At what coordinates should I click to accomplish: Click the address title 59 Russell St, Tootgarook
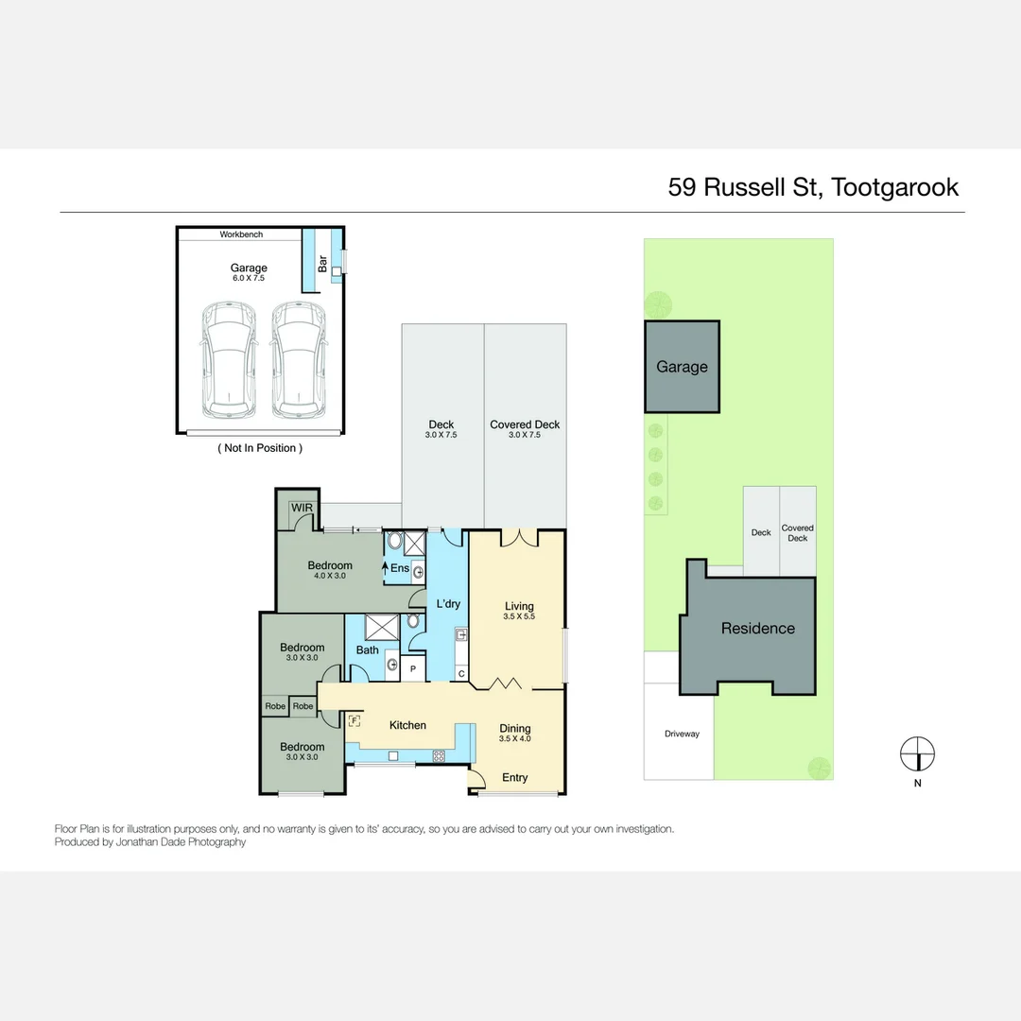813,186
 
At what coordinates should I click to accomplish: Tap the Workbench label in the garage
241,234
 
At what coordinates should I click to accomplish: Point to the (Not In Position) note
260,448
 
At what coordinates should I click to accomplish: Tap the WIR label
302,508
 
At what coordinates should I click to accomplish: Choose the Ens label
400,568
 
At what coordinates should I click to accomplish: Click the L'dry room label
447,602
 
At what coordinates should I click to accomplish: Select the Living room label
519,606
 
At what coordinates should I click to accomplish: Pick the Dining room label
515,729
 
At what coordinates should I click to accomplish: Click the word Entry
515,777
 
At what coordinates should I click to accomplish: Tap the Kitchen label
408,725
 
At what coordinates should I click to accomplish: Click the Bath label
368,649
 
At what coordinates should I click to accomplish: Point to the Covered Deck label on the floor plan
525,424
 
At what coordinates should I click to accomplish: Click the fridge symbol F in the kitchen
355,720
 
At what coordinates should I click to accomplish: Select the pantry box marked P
412,667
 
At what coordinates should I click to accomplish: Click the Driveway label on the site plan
682,734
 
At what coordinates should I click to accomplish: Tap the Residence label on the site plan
758,628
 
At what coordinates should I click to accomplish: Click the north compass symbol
917,754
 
